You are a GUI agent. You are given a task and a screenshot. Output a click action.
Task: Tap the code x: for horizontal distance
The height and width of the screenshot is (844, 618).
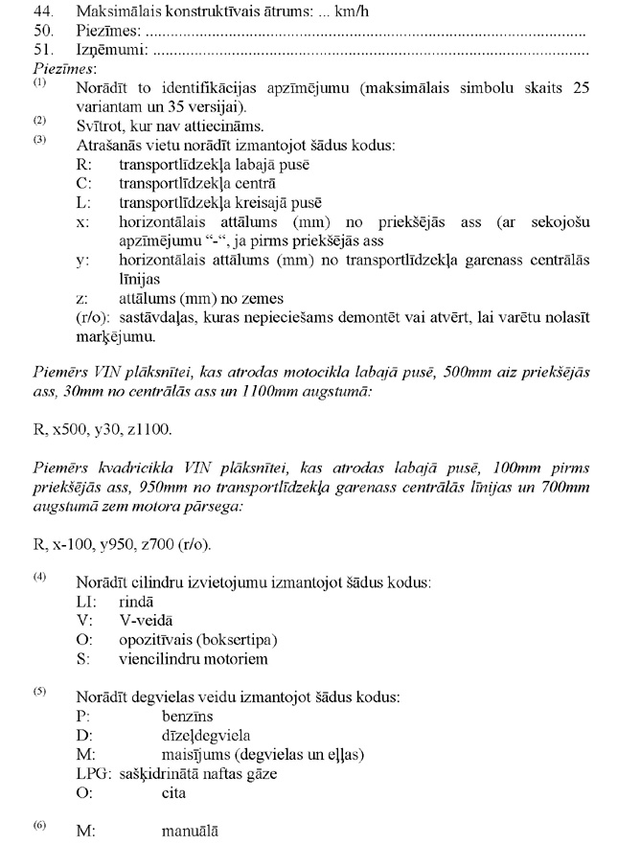pos(82,222)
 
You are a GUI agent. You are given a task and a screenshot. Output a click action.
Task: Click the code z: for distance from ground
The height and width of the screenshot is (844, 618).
pos(81,299)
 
